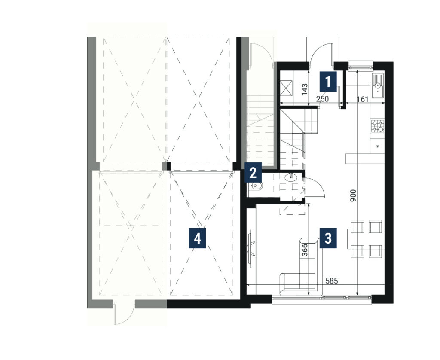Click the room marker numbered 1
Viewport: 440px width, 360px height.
point(328,81)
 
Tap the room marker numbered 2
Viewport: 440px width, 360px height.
point(253,173)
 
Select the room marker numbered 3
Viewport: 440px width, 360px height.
point(328,238)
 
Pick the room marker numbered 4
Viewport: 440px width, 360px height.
point(197,238)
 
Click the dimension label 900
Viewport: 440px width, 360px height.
point(353,195)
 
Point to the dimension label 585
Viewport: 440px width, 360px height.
point(332,281)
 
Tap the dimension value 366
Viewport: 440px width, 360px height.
point(305,250)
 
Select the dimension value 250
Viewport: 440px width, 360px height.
point(322,99)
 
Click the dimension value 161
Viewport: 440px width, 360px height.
point(363,99)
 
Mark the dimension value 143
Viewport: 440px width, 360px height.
point(305,89)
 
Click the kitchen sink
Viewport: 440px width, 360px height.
point(378,85)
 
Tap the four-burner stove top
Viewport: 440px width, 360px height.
point(378,126)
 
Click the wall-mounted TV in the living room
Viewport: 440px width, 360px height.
point(251,246)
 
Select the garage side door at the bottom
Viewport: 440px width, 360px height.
point(124,312)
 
